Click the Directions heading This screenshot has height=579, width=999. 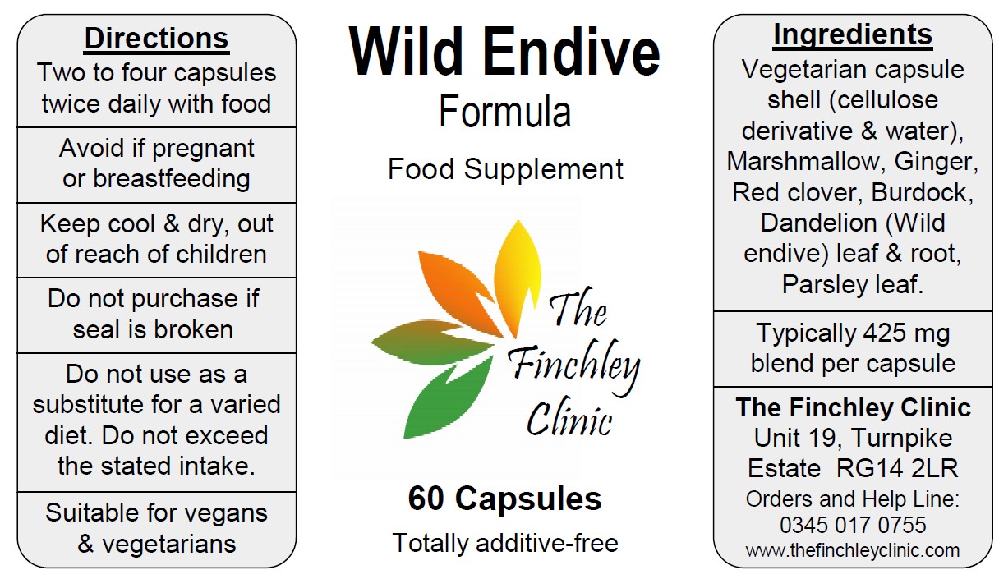[157, 39]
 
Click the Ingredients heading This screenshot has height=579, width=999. [853, 34]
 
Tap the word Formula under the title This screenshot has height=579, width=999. [505, 112]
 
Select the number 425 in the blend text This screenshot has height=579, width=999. [884, 333]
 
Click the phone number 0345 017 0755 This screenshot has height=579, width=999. [853, 525]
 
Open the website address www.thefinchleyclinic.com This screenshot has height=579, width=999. [852, 550]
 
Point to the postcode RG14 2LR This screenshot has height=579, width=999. [897, 468]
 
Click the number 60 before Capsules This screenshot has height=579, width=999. [426, 499]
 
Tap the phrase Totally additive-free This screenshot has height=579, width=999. [505, 543]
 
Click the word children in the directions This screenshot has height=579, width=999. [221, 254]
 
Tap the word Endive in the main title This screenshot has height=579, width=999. [571, 53]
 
